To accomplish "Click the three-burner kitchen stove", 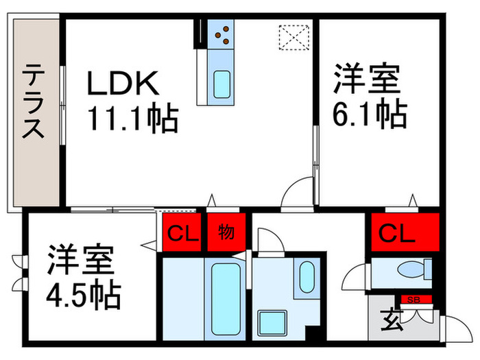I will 221,34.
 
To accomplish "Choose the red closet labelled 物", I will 226,232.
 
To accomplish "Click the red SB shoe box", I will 413,300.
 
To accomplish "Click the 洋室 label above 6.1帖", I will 367,79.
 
